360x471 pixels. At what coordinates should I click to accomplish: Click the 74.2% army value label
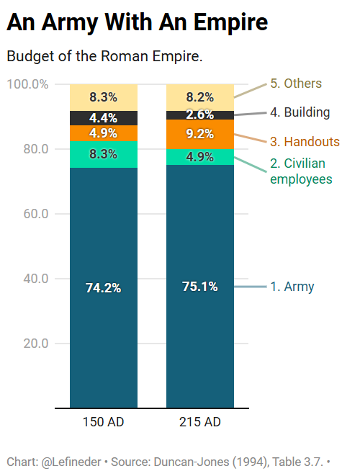(x=103, y=288)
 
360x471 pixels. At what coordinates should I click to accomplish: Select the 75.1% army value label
(x=200, y=287)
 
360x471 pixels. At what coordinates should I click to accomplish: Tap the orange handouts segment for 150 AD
(x=104, y=133)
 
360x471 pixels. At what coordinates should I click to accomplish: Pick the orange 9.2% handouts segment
(x=200, y=134)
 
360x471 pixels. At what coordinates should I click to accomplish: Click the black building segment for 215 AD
(x=200, y=115)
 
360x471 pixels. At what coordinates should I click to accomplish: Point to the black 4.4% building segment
(x=104, y=118)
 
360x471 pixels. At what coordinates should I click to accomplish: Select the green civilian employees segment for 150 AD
(x=104, y=154)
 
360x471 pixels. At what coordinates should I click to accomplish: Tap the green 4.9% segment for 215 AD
(x=200, y=157)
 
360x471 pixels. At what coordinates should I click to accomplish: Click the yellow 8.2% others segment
(x=200, y=98)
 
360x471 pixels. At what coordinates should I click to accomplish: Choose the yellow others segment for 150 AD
(x=104, y=98)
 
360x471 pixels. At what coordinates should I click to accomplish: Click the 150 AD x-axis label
(x=103, y=422)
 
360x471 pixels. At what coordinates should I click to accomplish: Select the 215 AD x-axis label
(x=200, y=422)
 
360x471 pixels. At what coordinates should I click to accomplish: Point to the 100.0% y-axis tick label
(x=27, y=84)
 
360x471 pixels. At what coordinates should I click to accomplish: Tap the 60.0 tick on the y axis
(x=36, y=214)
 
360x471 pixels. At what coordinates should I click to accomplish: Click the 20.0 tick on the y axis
(x=36, y=344)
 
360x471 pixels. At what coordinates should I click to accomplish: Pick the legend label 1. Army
(x=292, y=287)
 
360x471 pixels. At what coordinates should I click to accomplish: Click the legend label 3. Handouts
(x=305, y=142)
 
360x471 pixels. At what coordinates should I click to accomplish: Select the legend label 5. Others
(x=296, y=84)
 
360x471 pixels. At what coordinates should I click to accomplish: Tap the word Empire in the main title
(x=230, y=22)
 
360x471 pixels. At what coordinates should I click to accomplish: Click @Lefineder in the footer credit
(x=71, y=462)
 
